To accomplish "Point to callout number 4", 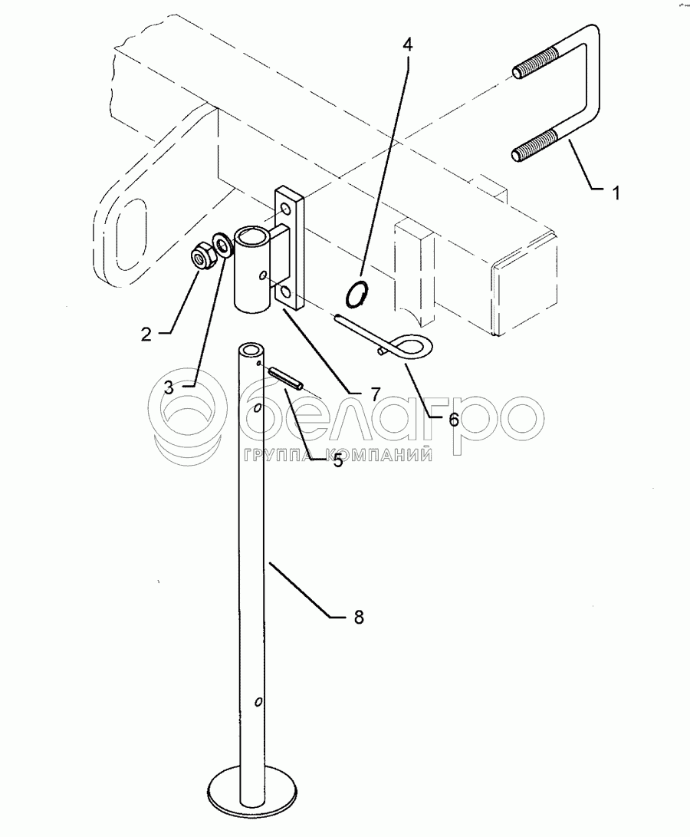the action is tap(408, 44).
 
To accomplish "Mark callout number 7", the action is tap(375, 394).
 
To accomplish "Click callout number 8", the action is tap(359, 616).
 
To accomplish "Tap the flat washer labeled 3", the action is tap(224, 247).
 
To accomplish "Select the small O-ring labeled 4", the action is tap(357, 294).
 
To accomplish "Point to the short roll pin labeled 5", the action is tap(286, 378).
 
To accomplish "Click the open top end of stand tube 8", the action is tap(249, 351).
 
